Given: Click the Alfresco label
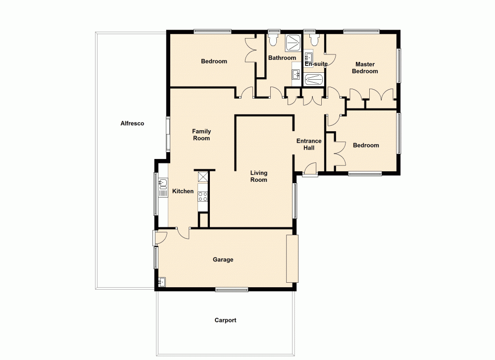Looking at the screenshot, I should pos(132,123).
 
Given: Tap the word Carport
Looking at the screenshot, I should pos(225,320).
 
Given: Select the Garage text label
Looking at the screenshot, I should pos(223,259).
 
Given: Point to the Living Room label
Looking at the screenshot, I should pos(258,176).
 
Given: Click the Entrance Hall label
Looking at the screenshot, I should pos(309,144).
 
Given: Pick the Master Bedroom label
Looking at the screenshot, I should pos(364,68).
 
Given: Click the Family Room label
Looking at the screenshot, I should pos(201,135).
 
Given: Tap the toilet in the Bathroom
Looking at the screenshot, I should pos(273,39).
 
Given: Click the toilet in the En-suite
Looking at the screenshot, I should pos(313,39).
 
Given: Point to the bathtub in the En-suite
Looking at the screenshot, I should pos(313,79).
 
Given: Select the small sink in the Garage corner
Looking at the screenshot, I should pos(162,282).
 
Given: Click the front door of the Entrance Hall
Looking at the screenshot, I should pos(310,169).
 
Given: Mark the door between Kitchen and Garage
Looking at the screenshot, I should pos(183,232).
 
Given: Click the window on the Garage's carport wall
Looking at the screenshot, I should pos(232,289).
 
